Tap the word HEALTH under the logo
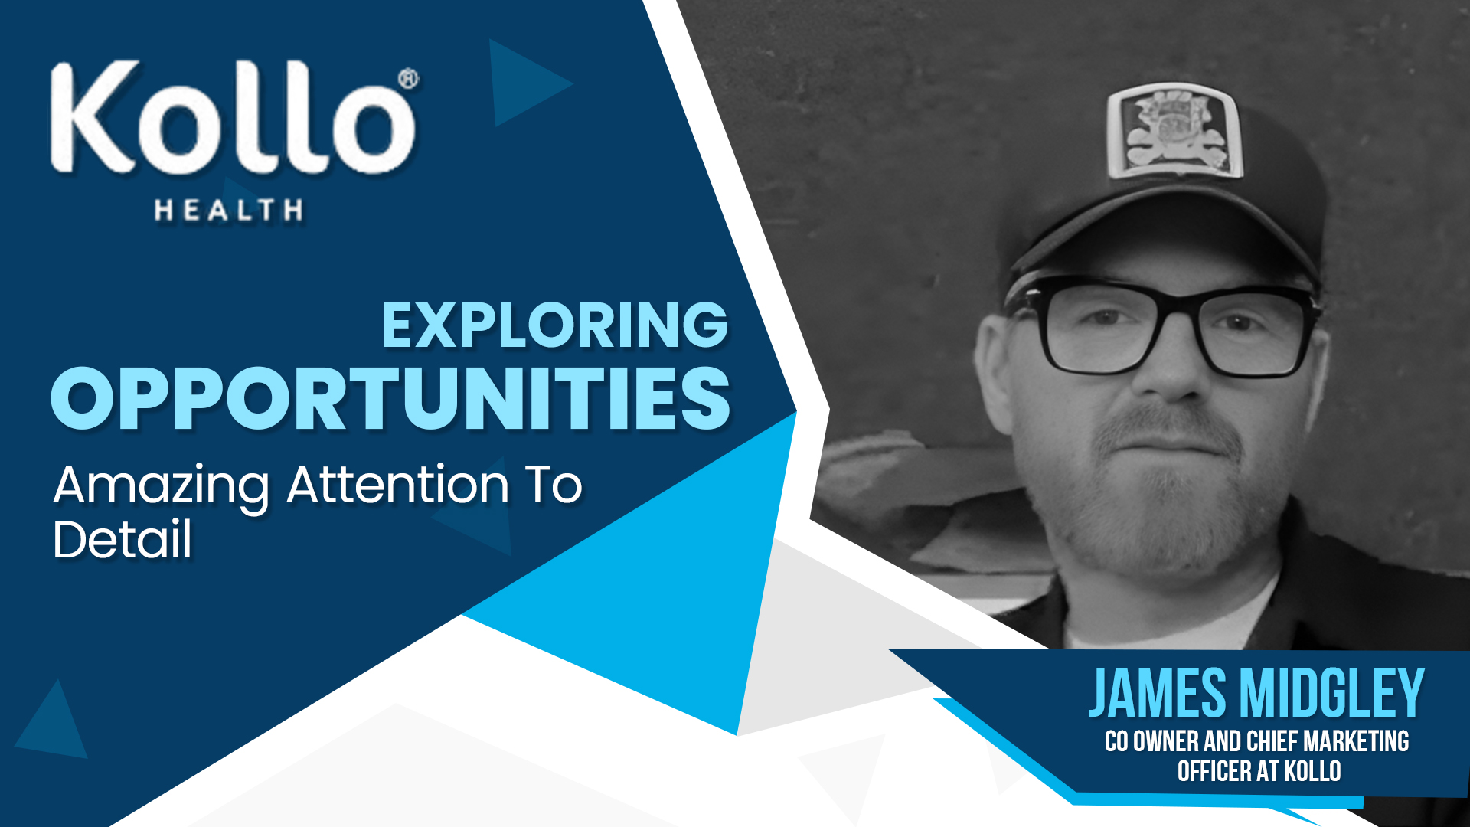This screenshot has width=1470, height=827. (229, 210)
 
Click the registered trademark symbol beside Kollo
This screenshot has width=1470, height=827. (409, 79)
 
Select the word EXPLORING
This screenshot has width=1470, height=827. (554, 325)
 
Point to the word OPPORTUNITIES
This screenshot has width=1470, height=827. (390, 398)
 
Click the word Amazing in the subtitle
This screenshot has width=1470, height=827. (162, 487)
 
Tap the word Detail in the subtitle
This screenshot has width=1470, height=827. (122, 539)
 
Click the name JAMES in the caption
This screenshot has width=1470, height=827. (1158, 693)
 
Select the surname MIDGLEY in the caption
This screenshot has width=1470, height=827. (1332, 693)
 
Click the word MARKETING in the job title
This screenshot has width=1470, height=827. (1356, 741)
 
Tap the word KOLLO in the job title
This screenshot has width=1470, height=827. (1312, 770)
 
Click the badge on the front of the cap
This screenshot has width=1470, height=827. (1173, 131)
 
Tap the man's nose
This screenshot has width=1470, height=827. (1171, 368)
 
